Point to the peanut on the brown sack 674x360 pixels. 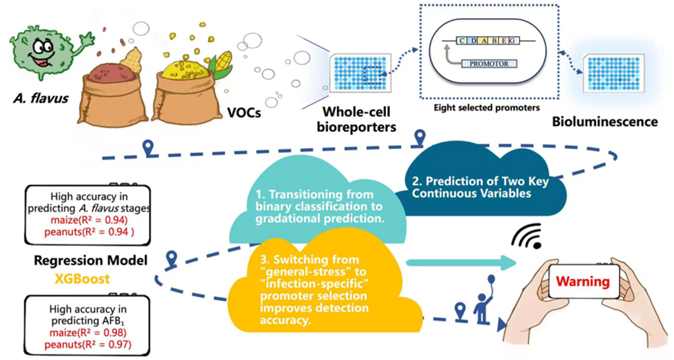coord(131,60)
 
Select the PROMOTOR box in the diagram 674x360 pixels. coord(488,63)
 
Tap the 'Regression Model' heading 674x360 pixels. coord(91,261)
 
